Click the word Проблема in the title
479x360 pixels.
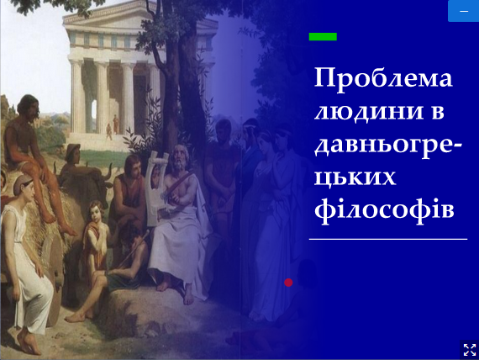point(383,79)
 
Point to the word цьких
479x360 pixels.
point(355,177)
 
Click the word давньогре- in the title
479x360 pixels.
point(388,145)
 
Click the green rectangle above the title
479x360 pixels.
point(323,37)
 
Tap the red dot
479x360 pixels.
point(288,283)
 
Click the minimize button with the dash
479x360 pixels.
point(463,11)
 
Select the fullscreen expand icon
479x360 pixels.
point(470,350)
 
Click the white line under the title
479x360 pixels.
point(388,239)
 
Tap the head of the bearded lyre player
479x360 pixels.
point(180,157)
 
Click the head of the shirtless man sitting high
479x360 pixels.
point(29,107)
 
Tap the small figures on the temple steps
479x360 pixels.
point(113,127)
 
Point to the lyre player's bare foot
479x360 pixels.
point(188,298)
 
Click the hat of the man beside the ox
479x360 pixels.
point(73,148)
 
